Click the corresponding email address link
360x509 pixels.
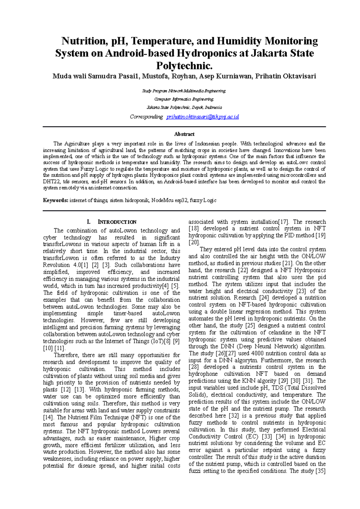pyautogui.click(x=202, y=117)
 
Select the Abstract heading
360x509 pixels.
pyautogui.click(x=184, y=134)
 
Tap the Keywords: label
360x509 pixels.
pyautogui.click(x=55, y=200)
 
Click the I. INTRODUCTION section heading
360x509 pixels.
pyautogui.click(x=111, y=222)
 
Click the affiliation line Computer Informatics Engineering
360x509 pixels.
pyautogui.click(x=184, y=99)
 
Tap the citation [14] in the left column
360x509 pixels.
pyautogui.click(x=48, y=418)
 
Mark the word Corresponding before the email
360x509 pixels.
pyautogui.click(x=146, y=117)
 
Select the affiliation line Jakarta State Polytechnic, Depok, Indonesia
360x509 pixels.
pyautogui.click(x=184, y=108)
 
